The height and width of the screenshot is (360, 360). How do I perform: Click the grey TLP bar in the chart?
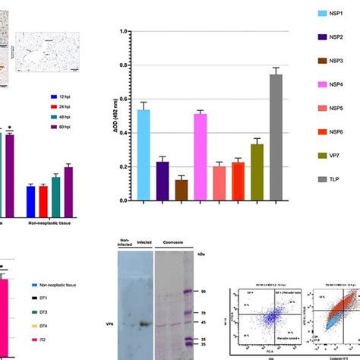(276, 137)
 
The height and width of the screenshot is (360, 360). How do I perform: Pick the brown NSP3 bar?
(181, 190)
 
